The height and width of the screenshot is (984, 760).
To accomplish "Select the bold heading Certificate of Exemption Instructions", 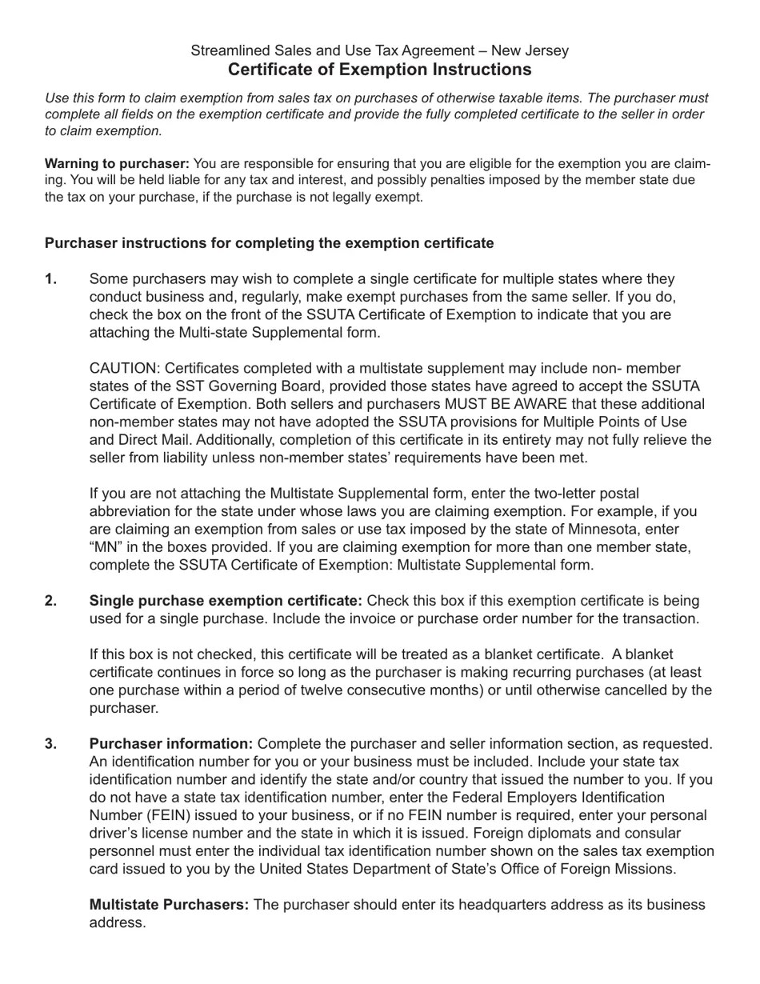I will tap(379, 70).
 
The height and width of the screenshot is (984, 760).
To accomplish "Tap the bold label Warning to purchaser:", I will tap(117, 164).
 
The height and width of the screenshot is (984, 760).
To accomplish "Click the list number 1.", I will tap(51, 279).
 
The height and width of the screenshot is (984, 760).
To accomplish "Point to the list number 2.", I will tap(51, 601).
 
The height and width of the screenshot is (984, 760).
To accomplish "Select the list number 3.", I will tap(51, 744).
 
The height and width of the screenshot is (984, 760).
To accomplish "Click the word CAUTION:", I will tap(125, 369).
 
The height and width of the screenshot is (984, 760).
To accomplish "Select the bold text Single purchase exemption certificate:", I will tap(226, 601).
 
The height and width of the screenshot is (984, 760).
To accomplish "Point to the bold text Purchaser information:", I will tap(171, 744).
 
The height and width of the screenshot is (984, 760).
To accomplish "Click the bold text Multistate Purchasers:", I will tap(169, 905).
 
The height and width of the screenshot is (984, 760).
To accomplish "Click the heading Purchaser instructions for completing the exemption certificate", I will tap(269, 243).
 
